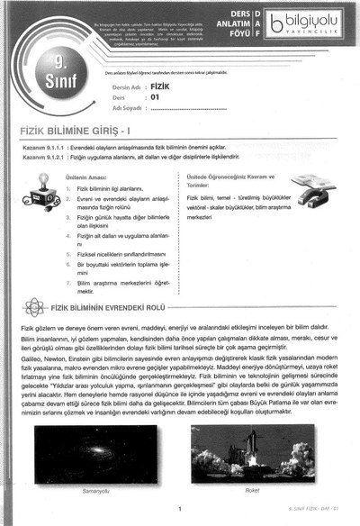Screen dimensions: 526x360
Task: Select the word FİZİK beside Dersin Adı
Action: pyautogui.click(x=163, y=78)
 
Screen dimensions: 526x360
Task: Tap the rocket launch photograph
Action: pyautogui.click(x=251, y=454)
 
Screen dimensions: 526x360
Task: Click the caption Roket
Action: pyautogui.click(x=251, y=491)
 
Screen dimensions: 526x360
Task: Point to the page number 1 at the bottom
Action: pyautogui.click(x=180, y=510)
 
